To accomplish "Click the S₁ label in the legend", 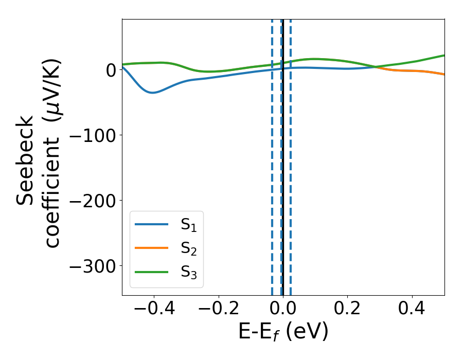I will (x=189, y=225).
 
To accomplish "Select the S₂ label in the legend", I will (x=189, y=248).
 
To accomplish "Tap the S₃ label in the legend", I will (x=189, y=272).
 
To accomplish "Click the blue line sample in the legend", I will (x=152, y=224).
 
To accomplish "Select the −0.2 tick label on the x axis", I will (x=218, y=310).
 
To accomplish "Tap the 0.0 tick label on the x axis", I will (x=283, y=310).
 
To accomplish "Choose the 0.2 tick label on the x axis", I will (x=348, y=310).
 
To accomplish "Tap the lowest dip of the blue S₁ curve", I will (x=153, y=93).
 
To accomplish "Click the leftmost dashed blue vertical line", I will (x=272, y=154).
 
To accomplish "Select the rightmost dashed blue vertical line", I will (x=291, y=154).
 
